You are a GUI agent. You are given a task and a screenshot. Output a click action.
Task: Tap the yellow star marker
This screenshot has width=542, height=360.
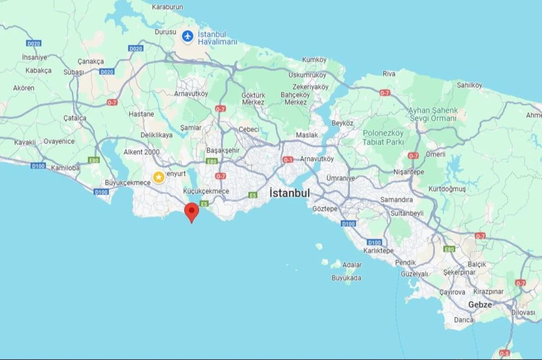click(159, 177)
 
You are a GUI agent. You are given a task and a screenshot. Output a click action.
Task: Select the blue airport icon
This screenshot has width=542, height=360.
click(187, 36)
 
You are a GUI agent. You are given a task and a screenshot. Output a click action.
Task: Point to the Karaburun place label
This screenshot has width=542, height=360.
click(167, 7)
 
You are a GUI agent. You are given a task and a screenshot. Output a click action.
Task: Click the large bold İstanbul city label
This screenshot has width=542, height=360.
click(290, 193)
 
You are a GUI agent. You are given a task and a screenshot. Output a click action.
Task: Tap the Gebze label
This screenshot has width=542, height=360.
click(480, 305)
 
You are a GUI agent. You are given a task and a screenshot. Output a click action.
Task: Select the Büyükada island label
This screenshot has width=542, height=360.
click(346, 278)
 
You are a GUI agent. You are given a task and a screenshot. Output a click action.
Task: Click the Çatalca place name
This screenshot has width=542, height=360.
click(75, 118)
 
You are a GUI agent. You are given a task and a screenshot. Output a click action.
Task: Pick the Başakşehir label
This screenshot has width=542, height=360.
click(223, 150)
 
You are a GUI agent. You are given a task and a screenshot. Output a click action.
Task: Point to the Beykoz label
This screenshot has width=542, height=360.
click(342, 123)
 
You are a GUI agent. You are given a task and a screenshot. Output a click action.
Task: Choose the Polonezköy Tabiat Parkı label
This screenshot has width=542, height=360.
click(383, 137)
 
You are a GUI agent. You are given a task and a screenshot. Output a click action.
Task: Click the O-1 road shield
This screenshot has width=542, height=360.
click(288, 160)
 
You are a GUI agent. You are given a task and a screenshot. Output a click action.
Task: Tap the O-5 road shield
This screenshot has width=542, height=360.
click(504, 353)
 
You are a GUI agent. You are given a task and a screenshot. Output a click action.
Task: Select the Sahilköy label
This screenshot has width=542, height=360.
click(469, 85)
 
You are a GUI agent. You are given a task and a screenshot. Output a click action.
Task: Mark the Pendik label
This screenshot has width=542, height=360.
click(405, 263)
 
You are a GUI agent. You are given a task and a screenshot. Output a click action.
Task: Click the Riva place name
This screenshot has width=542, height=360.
click(389, 74)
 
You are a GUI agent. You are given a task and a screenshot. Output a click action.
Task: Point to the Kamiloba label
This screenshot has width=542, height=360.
click(65, 168)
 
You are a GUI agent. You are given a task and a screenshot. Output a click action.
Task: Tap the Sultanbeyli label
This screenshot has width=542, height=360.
click(407, 213)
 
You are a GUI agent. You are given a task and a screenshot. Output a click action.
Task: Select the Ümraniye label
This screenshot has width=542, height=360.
click(340, 178)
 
